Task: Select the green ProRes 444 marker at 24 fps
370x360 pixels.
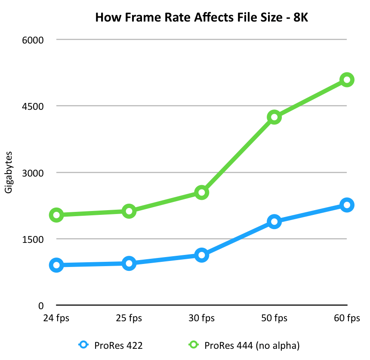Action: [x=57, y=215]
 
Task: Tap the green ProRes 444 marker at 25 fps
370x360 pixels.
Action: [x=129, y=211]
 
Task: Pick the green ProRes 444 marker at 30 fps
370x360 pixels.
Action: [x=201, y=192]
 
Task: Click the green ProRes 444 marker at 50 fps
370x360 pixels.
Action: [x=274, y=117]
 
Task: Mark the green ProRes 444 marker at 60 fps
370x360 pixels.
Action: [x=346, y=80]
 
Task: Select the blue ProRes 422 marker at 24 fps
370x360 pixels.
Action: [x=57, y=265]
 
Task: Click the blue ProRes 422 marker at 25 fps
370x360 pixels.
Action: [x=129, y=263]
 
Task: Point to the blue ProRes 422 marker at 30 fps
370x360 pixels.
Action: [x=201, y=255]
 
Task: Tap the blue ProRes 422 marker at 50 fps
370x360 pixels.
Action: [x=274, y=222]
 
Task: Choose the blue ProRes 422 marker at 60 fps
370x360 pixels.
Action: [x=346, y=205]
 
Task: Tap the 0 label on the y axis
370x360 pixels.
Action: [x=41, y=306]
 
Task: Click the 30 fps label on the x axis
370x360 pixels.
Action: [x=201, y=319]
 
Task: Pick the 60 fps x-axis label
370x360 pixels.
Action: [x=346, y=319]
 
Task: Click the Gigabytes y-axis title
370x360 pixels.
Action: [x=9, y=172]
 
